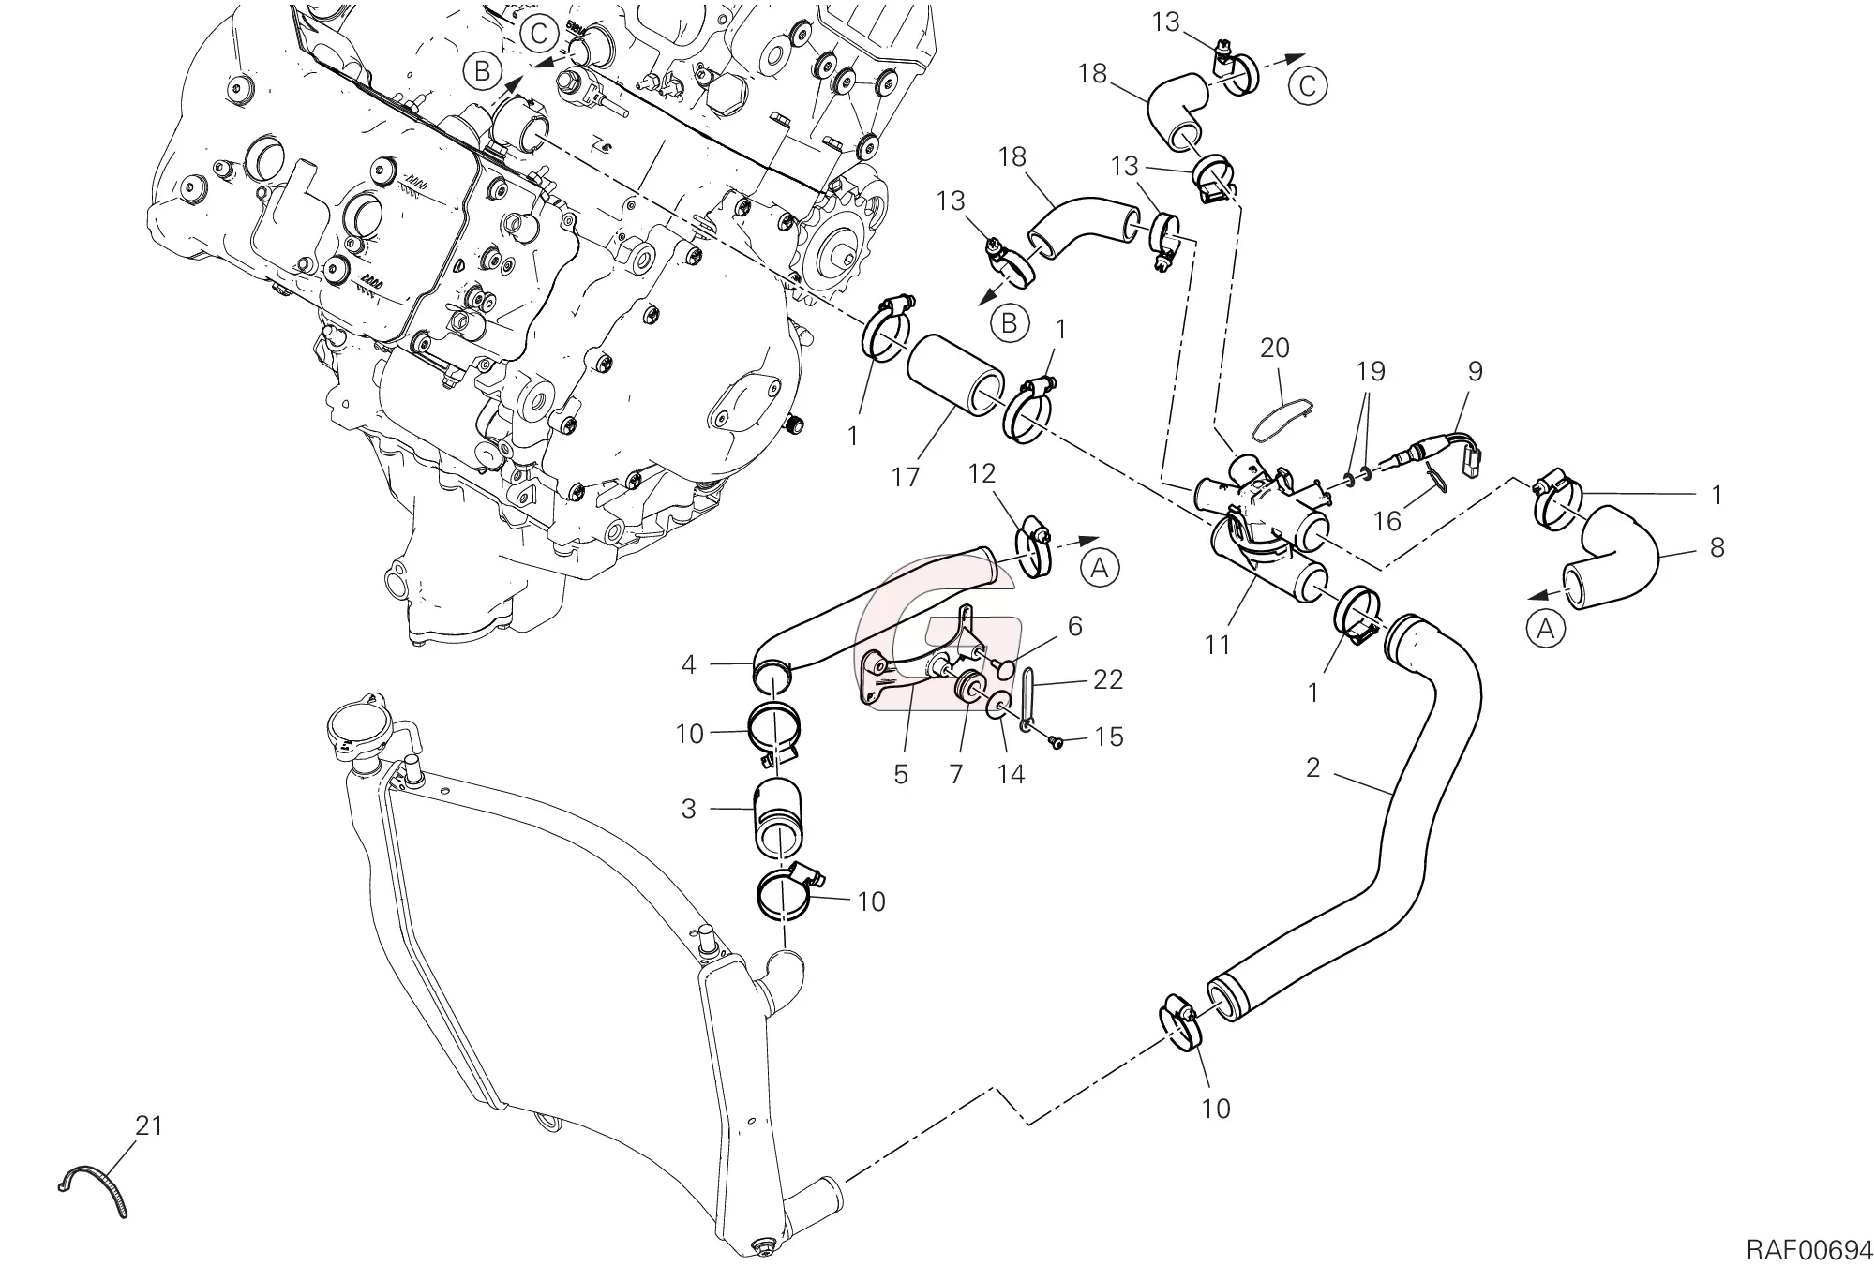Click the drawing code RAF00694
(1807, 1250)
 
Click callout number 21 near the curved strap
(149, 1125)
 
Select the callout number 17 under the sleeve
(906, 477)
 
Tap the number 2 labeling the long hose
(1312, 767)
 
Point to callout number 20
(1275, 349)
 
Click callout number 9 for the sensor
(1475, 371)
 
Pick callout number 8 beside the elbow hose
(1717, 547)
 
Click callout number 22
(1108, 679)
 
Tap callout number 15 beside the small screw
(1109, 737)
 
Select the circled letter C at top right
(1309, 86)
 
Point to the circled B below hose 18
(1010, 323)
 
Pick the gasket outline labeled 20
(1283, 416)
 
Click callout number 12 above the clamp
(982, 473)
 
